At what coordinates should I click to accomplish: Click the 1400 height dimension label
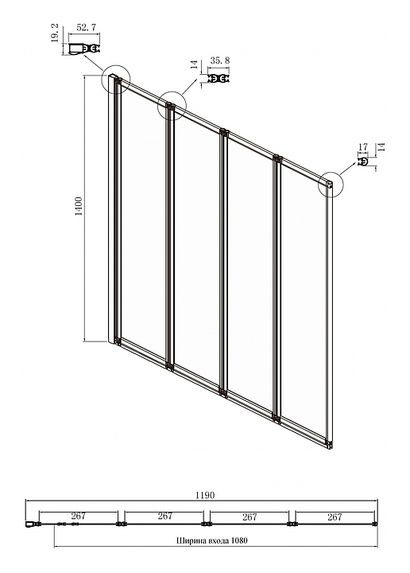coord(79,207)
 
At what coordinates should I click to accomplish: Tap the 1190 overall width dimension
coord(205,495)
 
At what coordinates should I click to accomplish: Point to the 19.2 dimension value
coord(55,33)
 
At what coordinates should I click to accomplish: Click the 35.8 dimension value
coord(220,60)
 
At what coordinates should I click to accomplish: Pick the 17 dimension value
coord(363,147)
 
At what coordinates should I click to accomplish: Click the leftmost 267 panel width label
coord(79,516)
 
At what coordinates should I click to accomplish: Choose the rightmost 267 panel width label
coord(335,516)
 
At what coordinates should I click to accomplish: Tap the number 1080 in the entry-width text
coord(239,540)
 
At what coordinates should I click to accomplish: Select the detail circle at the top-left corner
coord(116,80)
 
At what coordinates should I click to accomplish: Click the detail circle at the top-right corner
coord(331,185)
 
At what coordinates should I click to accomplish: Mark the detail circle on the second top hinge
coord(172,106)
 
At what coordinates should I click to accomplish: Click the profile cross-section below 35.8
coord(219,79)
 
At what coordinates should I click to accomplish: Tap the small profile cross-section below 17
coord(364,162)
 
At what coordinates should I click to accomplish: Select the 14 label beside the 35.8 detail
coord(195,64)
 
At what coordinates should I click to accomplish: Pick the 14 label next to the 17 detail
coord(381,147)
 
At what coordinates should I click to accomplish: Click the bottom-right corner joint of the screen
coord(330,445)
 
